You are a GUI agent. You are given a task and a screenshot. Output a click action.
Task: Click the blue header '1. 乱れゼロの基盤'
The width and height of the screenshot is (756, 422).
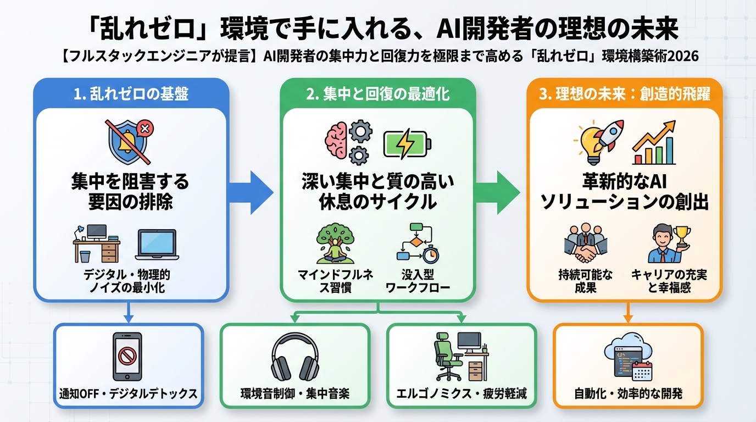[131, 94]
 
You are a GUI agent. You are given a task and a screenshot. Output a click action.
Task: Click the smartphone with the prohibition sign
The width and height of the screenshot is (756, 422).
[127, 356]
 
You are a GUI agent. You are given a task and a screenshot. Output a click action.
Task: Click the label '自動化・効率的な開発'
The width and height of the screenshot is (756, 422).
[628, 393]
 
